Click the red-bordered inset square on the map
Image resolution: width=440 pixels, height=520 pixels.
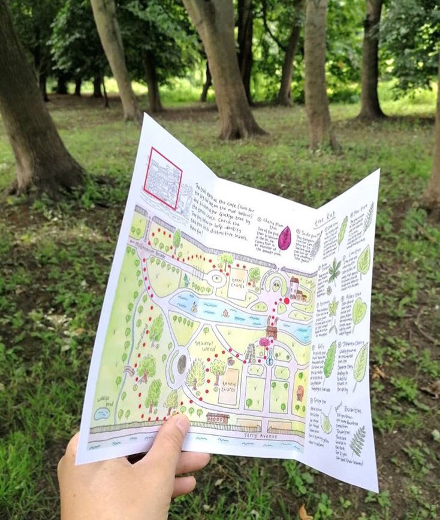163,178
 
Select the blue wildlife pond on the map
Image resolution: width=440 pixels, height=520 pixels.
102,413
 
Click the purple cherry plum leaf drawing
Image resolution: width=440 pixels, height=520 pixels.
284,238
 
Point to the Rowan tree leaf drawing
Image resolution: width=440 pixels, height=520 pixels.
357,440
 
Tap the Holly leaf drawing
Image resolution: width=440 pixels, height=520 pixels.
330,359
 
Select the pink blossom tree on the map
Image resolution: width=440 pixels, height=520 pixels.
264,342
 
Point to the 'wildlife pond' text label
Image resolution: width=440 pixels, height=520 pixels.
103,399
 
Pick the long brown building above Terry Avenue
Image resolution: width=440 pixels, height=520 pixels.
218,417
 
